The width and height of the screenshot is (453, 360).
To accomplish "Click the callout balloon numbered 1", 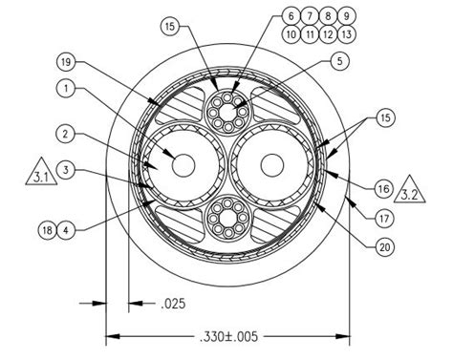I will [x=65, y=90].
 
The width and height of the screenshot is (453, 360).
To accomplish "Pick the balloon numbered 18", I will [x=45, y=228].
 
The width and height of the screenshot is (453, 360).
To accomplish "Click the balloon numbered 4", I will [x=65, y=228].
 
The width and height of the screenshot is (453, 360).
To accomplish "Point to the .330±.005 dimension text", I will [x=228, y=337].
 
